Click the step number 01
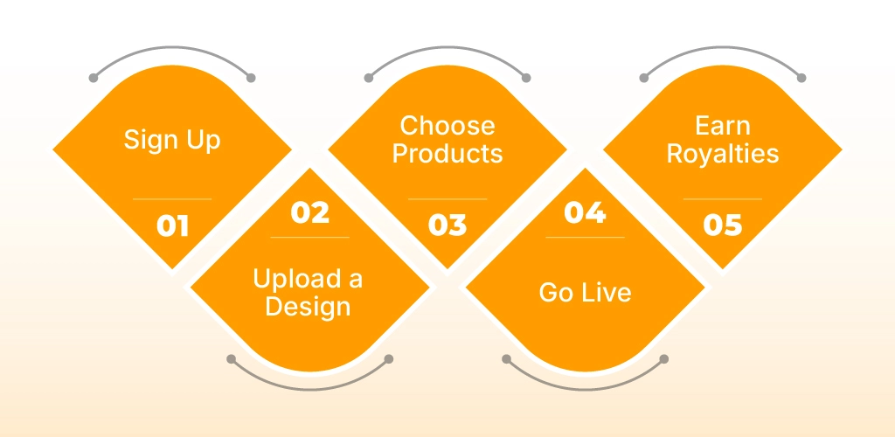tap(172, 225)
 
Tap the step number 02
tap(310, 212)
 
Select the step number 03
tap(447, 225)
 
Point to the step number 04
tap(585, 212)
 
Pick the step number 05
tap(723, 225)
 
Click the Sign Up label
tap(172, 141)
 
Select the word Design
tap(308, 307)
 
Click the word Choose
tap(447, 126)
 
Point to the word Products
tap(447, 154)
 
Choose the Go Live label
tap(585, 293)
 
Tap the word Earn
tap(723, 126)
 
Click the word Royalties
tap(723, 154)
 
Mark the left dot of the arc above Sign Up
tap(94, 78)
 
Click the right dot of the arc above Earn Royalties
tap(801, 78)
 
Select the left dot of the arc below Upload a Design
tap(231, 359)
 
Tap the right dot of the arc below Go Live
tap(664, 359)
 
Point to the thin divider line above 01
tap(172, 199)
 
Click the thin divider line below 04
tap(585, 237)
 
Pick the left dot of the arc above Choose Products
tap(369, 78)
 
